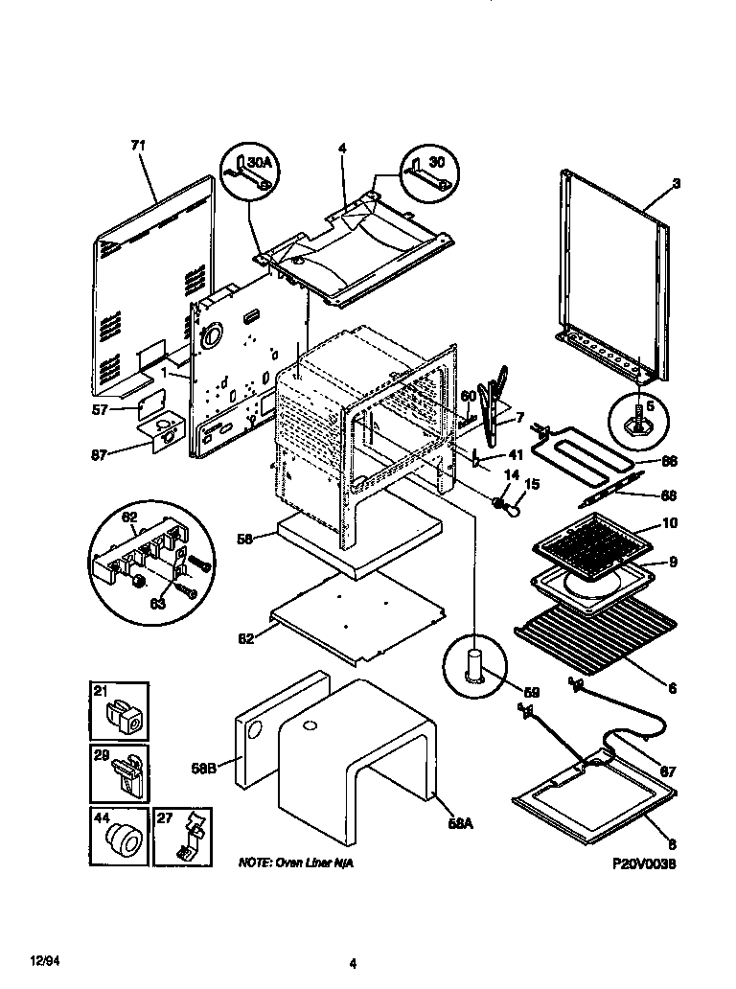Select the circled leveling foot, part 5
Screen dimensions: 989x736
pyautogui.click(x=636, y=421)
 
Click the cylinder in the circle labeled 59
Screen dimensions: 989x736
pyautogui.click(x=474, y=662)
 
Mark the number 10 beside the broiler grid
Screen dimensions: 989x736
pyautogui.click(x=670, y=523)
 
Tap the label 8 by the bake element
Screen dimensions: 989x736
pyautogui.click(x=671, y=844)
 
